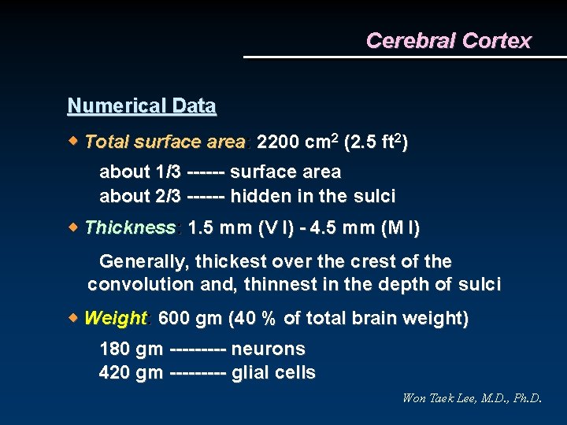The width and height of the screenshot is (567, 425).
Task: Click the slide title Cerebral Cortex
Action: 448,41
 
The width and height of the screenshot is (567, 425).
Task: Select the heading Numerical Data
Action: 142,105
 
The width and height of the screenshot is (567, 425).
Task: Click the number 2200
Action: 278,142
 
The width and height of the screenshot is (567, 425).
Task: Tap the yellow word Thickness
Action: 130,228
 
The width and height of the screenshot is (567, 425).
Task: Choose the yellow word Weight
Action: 115,319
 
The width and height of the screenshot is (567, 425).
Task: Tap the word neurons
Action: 269,349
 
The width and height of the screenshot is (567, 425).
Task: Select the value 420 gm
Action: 131,372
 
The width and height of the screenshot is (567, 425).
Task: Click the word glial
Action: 250,372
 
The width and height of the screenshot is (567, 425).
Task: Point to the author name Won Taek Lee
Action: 441,398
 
